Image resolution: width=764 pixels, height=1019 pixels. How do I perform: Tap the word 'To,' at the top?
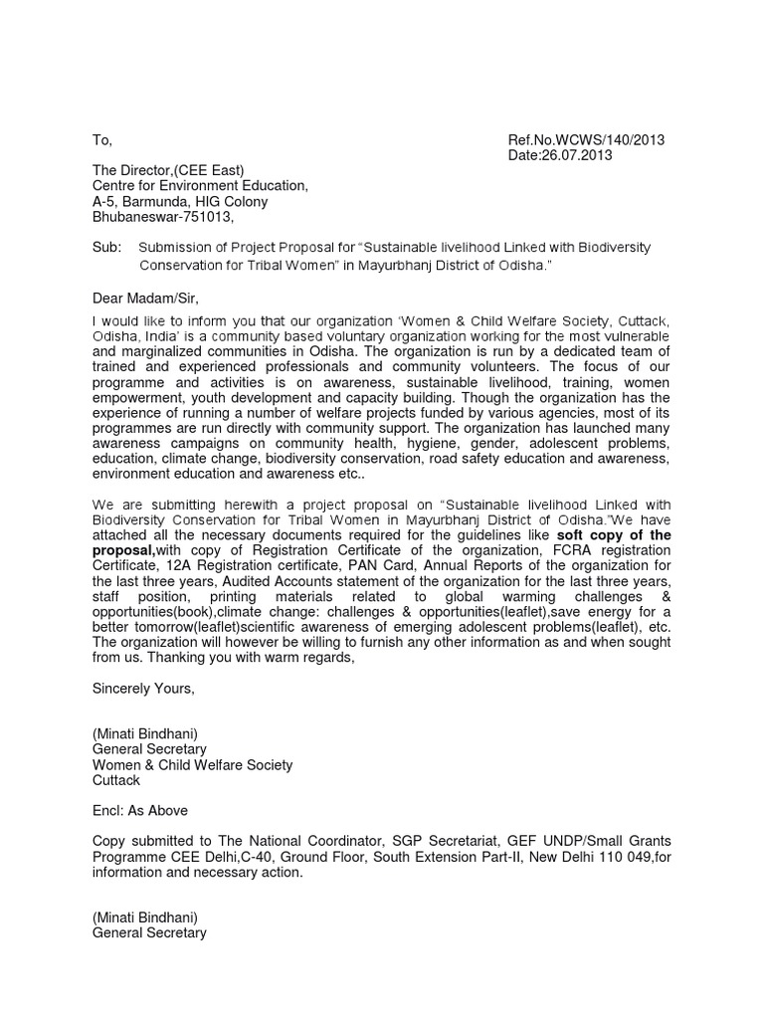(101, 140)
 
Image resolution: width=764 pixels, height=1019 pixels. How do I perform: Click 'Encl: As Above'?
(139, 810)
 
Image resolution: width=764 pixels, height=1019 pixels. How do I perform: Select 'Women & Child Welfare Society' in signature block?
(192, 764)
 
